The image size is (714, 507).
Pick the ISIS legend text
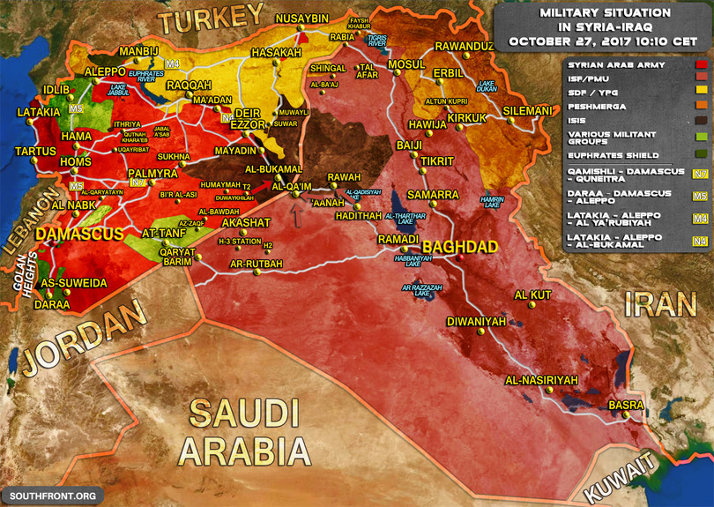click(581, 120)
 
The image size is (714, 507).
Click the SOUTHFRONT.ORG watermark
click(52, 496)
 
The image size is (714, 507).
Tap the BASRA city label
click(626, 406)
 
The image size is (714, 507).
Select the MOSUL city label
click(406, 64)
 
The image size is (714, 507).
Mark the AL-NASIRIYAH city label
click(541, 380)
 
